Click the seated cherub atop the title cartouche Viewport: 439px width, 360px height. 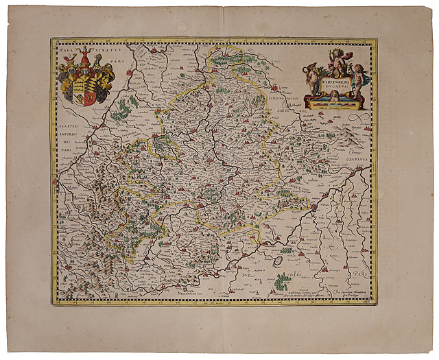click(x=335, y=62)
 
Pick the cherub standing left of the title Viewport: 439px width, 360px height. click(x=311, y=81)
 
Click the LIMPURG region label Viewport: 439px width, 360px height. click(x=285, y=101)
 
